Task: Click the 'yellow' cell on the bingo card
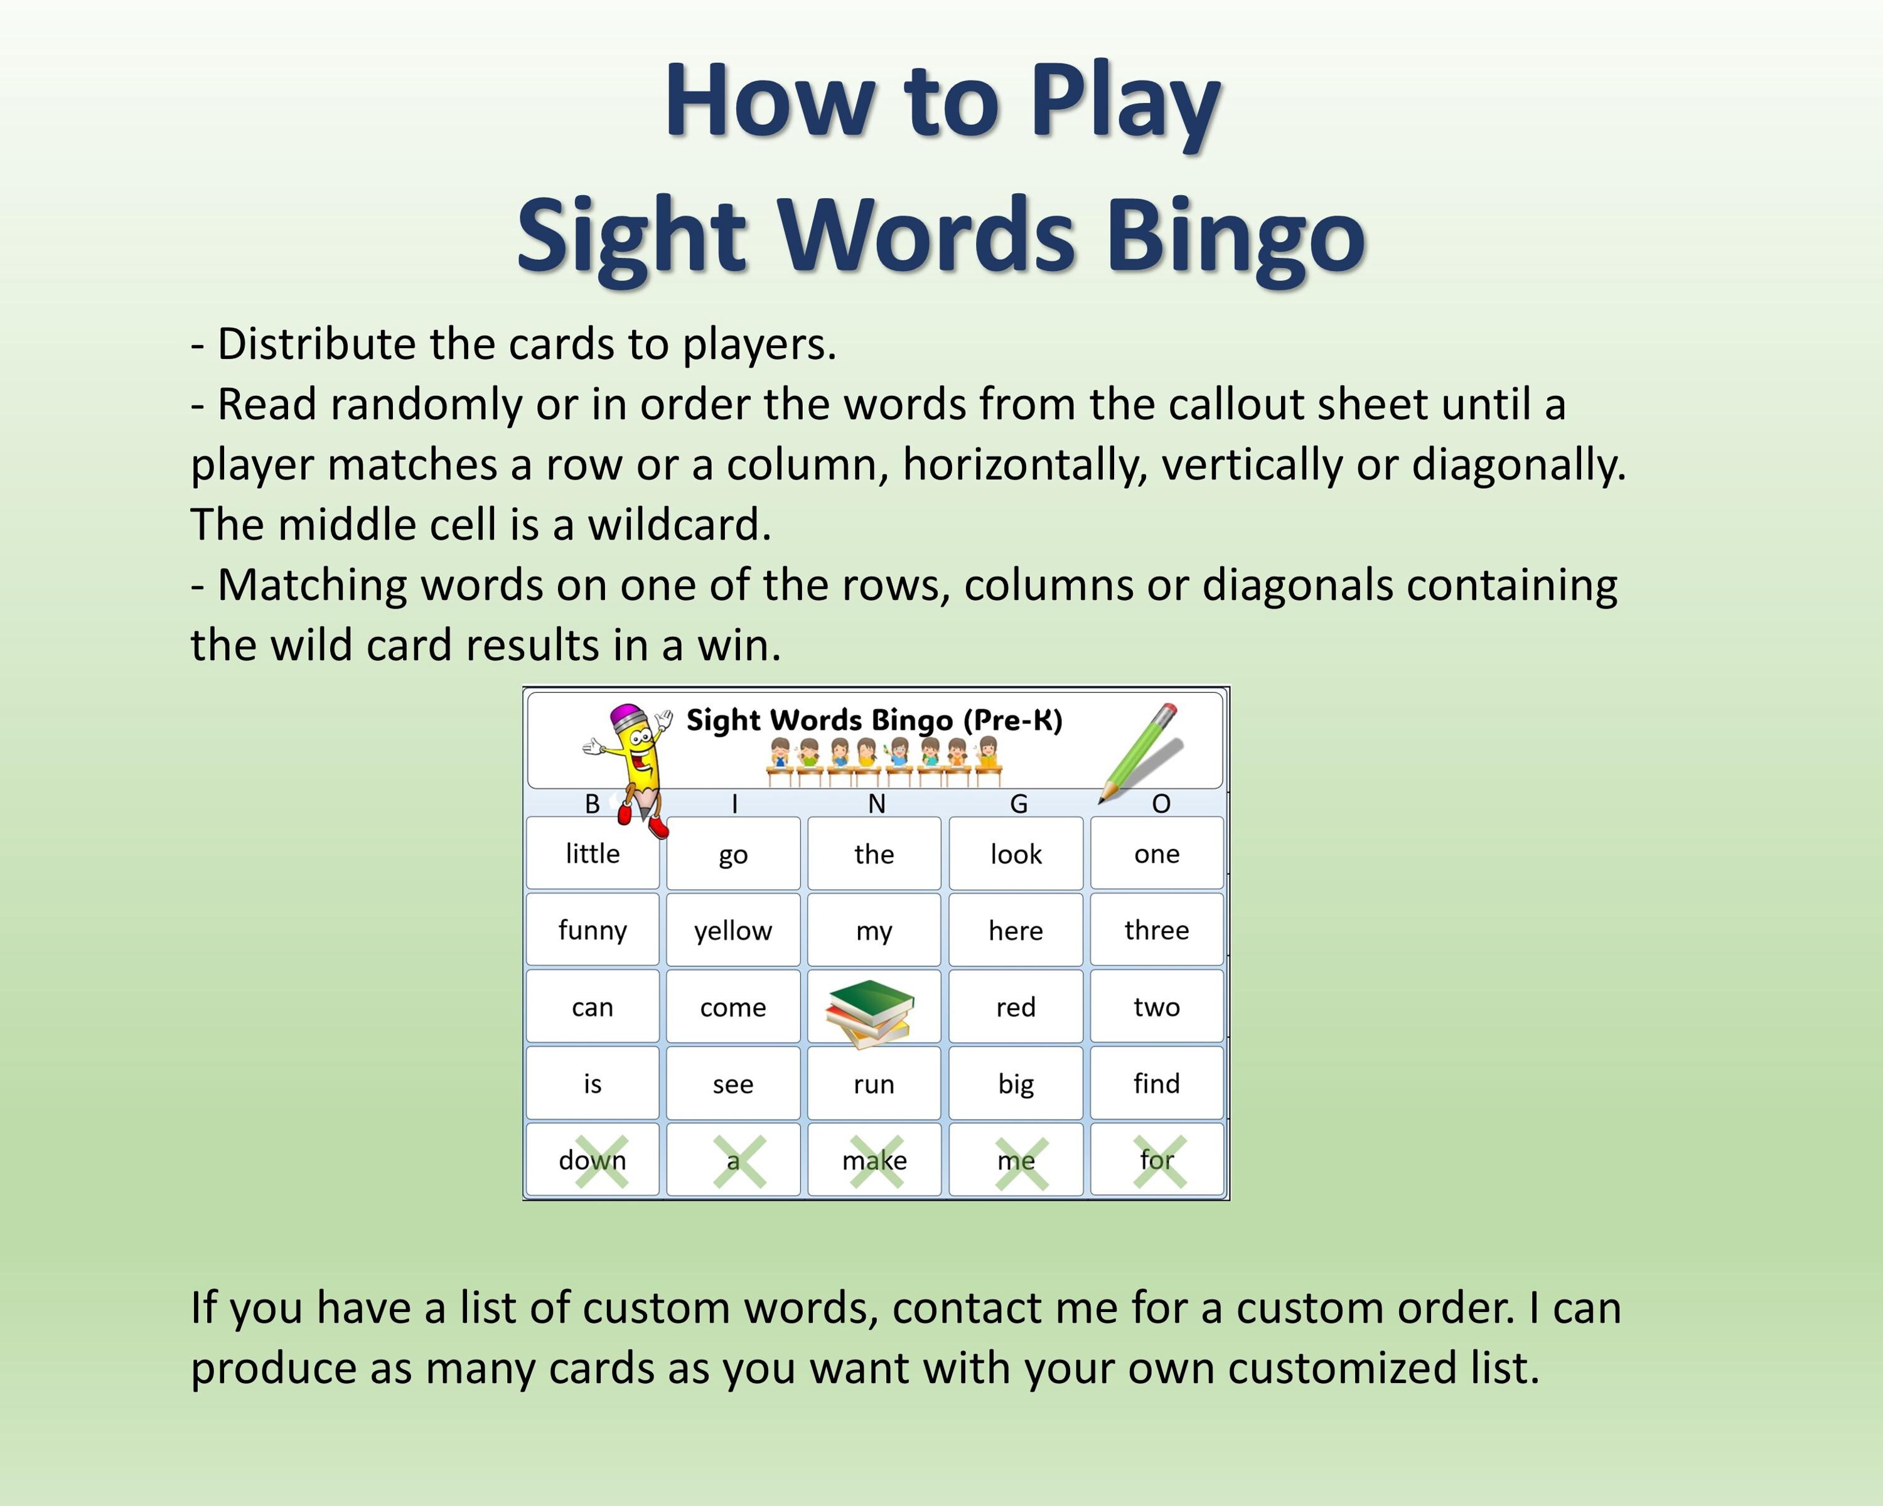pos(732,930)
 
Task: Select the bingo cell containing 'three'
pos(1156,930)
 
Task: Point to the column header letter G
pos(1018,803)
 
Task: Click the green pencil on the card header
pos(1140,751)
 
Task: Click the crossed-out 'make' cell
pos(874,1160)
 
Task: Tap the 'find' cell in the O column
pos(1156,1084)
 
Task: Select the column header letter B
pos(592,803)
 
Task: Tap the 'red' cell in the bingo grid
pos(1016,1007)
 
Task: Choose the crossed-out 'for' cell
pos(1156,1160)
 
